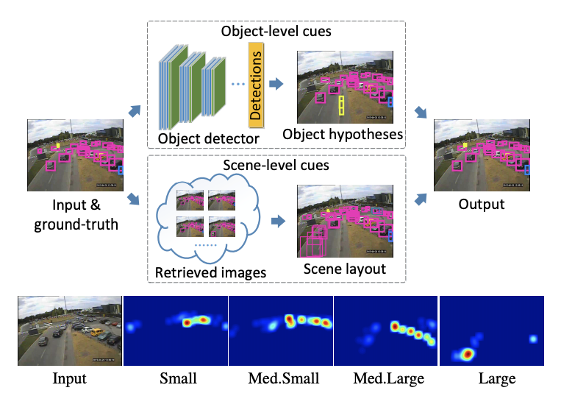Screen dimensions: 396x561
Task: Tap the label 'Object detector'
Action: click(208, 138)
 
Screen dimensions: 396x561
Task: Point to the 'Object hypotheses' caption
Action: click(343, 134)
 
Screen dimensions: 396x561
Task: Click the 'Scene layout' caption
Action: click(344, 269)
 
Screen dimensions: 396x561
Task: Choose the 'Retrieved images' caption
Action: click(210, 273)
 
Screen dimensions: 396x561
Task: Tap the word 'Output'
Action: click(482, 203)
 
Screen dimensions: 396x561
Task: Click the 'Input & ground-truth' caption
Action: click(76, 213)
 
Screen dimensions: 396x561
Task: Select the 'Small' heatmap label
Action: click(177, 379)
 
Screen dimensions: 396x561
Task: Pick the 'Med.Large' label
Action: click(387, 379)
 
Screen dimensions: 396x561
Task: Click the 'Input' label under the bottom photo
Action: click(69, 379)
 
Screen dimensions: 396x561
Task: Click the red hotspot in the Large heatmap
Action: click(466, 355)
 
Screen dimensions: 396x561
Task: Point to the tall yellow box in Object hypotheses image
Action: click(341, 105)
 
